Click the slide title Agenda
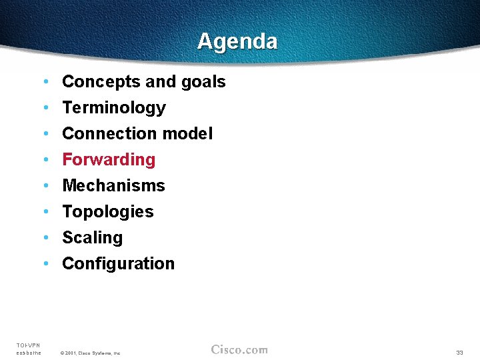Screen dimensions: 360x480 point(237,41)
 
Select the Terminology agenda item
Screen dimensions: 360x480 point(113,108)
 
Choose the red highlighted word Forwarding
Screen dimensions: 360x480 point(109,160)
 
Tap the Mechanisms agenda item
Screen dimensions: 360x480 point(113,186)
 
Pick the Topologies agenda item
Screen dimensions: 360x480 point(107,212)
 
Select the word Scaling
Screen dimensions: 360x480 point(92,238)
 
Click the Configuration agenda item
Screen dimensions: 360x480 point(118,264)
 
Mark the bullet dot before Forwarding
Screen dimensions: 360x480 point(45,160)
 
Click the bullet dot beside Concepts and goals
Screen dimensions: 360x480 point(45,82)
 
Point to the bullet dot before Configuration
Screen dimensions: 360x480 point(45,264)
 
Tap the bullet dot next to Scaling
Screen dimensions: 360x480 point(45,238)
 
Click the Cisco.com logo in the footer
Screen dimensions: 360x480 point(239,350)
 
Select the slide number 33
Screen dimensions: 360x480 point(459,352)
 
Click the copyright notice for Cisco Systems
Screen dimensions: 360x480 point(90,353)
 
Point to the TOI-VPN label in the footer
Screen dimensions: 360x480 point(28,345)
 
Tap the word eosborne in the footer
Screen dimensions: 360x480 point(29,353)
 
